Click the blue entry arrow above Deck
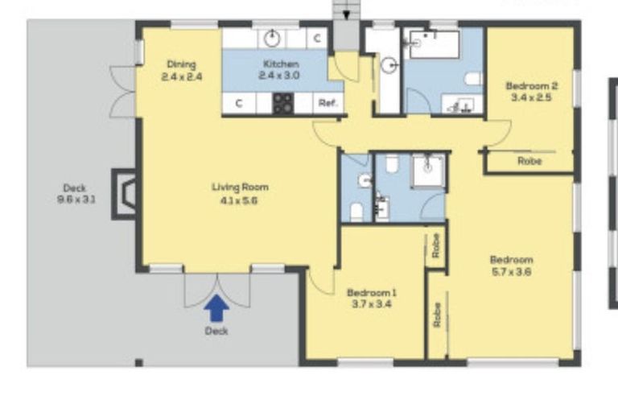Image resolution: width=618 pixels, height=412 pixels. click(x=216, y=309)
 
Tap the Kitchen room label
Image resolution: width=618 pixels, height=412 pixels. click(x=281, y=64)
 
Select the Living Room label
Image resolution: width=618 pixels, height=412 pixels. click(x=240, y=187)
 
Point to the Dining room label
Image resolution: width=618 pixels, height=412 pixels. click(x=181, y=64)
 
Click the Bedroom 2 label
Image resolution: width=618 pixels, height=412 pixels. click(x=531, y=85)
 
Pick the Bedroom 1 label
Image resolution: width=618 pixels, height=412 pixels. click(x=371, y=293)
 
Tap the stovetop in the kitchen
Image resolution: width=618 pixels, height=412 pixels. click(x=283, y=103)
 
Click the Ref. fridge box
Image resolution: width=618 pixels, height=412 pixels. click(x=328, y=103)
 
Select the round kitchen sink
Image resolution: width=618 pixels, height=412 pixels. click(x=271, y=39)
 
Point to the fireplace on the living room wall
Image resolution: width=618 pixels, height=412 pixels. click(x=124, y=194)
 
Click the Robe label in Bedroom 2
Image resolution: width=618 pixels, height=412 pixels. click(x=529, y=161)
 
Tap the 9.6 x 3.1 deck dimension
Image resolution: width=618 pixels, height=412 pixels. click(x=76, y=200)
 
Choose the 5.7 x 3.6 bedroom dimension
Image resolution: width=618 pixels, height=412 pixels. click(x=512, y=272)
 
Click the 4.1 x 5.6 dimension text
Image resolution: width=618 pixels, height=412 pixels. click(x=239, y=200)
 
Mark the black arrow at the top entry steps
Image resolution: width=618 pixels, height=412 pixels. click(x=346, y=15)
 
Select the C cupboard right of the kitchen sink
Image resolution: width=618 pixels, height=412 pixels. click(x=317, y=39)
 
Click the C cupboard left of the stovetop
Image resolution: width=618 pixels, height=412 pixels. click(x=239, y=103)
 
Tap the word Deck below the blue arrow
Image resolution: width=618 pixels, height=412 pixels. click(x=216, y=331)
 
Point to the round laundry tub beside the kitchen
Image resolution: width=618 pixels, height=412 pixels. click(x=389, y=65)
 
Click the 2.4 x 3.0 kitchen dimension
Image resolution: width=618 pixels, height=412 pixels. click(x=279, y=76)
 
